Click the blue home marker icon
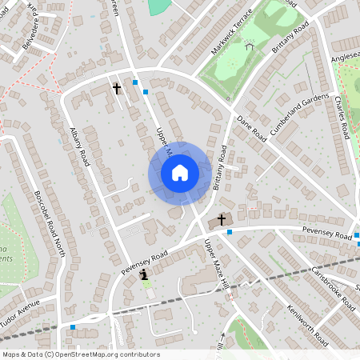(180, 173)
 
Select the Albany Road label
(78, 148)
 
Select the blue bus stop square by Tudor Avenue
(73, 326)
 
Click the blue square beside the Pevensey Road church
(230, 232)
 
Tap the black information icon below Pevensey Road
(144, 274)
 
